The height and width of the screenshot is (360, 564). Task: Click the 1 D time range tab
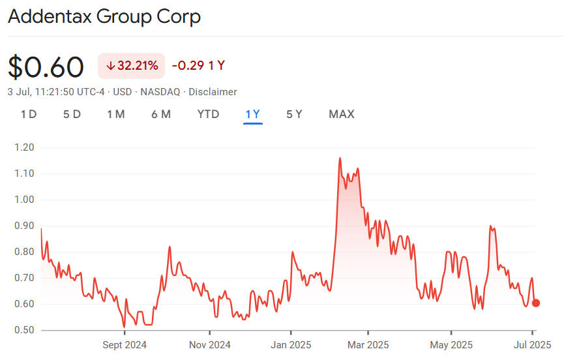point(29,114)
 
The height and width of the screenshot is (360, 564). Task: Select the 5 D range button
point(72,114)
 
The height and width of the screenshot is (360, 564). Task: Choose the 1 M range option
point(116,114)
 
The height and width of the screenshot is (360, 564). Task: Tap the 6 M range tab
point(161,114)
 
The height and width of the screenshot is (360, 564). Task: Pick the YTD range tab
point(208,114)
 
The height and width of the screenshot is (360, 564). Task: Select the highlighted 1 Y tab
point(252,114)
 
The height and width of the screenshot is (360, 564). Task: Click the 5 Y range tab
point(294,114)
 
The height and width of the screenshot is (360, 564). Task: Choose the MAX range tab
point(342,114)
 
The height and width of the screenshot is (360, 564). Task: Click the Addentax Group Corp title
point(104,16)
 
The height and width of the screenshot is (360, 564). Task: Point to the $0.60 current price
point(46,67)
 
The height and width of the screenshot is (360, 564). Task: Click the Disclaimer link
point(213,92)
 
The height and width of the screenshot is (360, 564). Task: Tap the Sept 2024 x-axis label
point(124,344)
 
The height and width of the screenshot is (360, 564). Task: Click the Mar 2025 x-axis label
point(368,344)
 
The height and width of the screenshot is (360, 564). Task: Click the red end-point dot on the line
point(536,303)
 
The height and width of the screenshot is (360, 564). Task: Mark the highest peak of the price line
point(340,158)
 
